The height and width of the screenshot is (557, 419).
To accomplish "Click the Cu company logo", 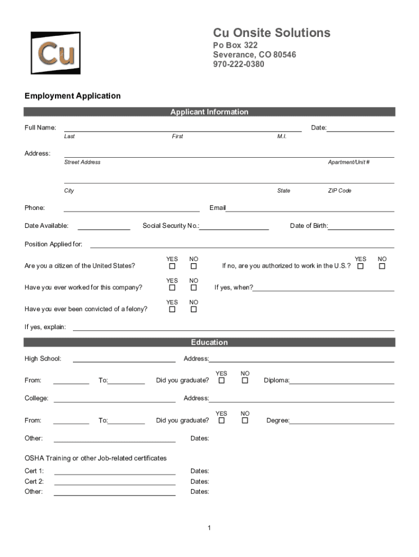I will click(56, 53).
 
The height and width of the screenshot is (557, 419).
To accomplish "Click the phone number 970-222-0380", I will click(238, 64).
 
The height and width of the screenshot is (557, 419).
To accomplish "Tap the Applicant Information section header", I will click(209, 112).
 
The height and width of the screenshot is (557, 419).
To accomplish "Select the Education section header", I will click(209, 343).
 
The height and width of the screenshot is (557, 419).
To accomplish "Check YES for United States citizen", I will click(172, 267).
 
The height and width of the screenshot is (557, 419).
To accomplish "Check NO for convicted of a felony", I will click(193, 310).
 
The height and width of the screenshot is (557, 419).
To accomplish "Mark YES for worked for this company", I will click(172, 288).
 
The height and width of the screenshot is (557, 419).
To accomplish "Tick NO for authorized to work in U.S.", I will click(382, 267).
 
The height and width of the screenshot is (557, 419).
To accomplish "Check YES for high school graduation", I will click(221, 381).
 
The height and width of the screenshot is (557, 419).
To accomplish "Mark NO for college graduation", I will click(245, 420).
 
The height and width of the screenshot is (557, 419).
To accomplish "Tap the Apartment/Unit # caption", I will click(349, 163).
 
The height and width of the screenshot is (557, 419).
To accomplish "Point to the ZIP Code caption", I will click(340, 191).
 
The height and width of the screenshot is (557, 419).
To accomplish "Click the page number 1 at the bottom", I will click(209, 528).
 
